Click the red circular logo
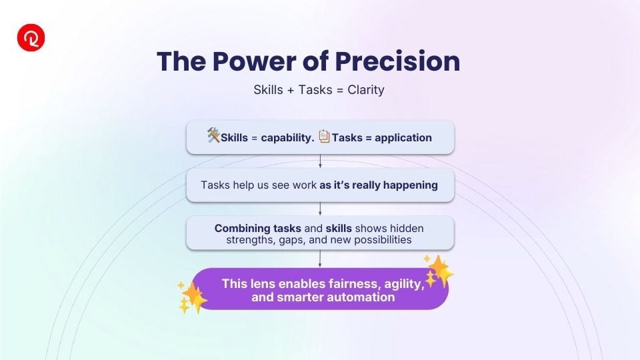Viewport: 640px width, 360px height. click(x=31, y=37)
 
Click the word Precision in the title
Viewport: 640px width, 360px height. click(x=397, y=61)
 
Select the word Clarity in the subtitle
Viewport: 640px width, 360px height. click(x=366, y=90)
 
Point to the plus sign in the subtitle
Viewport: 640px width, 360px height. click(x=291, y=90)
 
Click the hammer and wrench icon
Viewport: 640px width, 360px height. click(x=213, y=135)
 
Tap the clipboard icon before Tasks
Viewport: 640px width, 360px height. click(x=324, y=136)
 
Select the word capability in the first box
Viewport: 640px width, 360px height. click(x=287, y=138)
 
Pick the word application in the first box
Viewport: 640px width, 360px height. click(x=403, y=138)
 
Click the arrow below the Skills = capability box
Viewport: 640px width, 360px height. click(x=321, y=161)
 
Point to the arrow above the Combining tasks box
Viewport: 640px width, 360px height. click(x=320, y=209)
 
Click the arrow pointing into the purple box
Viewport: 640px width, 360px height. click(x=320, y=259)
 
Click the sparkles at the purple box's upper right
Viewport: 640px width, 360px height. click(x=439, y=270)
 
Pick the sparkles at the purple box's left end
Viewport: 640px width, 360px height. click(x=192, y=297)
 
